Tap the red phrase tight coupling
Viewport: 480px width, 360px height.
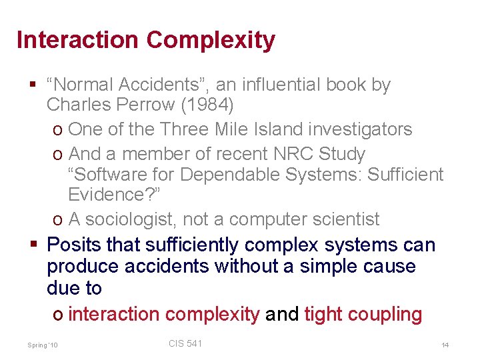363,314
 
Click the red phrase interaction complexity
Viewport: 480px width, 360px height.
163,314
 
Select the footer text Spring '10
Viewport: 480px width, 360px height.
43,345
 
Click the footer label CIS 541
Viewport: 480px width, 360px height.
185,343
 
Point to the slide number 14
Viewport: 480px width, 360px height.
445,345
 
